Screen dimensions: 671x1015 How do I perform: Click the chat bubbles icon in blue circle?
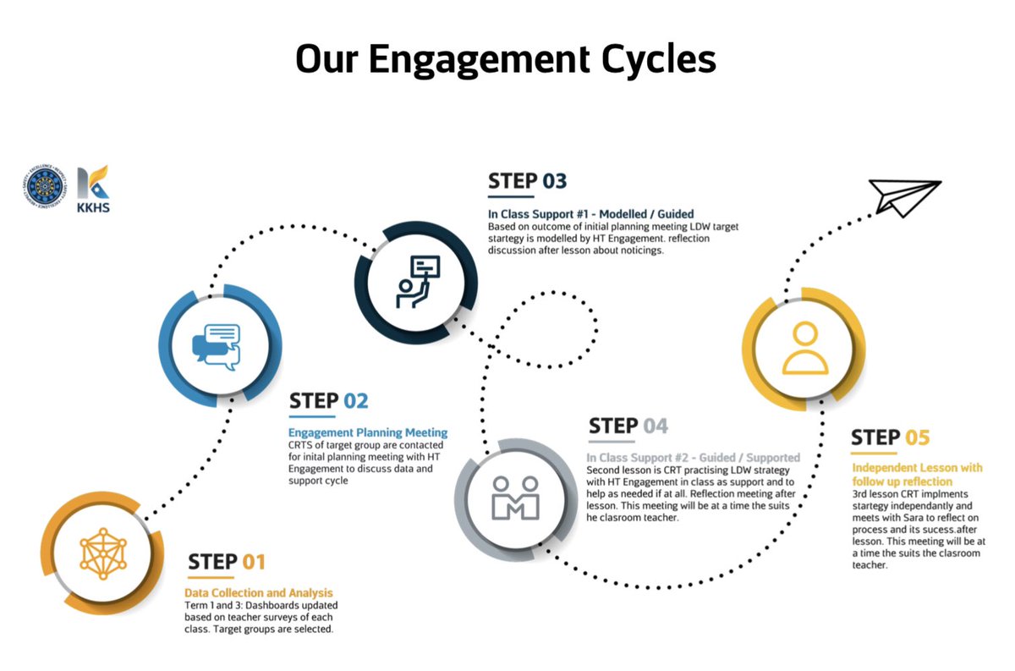(x=217, y=344)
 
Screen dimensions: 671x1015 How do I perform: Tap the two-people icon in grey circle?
(x=516, y=497)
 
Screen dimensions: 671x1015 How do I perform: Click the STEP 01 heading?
(x=227, y=562)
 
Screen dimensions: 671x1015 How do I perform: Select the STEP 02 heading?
(x=329, y=401)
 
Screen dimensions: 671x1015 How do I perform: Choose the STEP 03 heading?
(x=527, y=180)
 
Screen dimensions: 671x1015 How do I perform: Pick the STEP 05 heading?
(x=890, y=437)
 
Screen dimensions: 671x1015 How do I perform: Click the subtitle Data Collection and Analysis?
(x=259, y=593)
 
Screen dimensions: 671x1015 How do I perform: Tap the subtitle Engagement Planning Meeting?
(x=368, y=432)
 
